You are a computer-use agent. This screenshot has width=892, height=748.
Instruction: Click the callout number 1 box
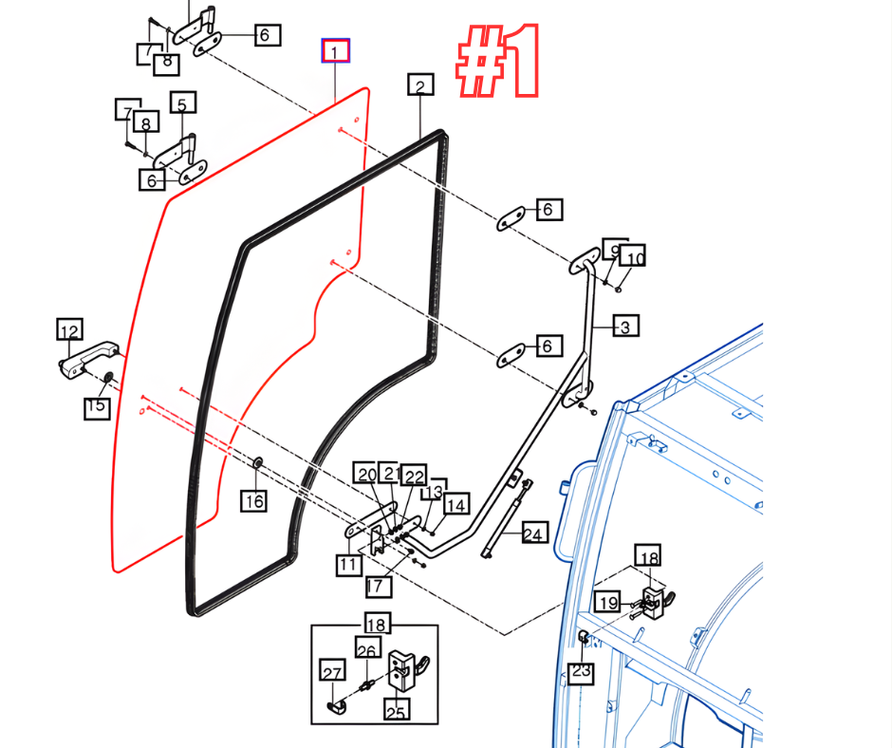click(336, 51)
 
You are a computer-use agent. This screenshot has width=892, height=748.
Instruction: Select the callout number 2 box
click(420, 86)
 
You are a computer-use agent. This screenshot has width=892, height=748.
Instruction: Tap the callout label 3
click(625, 327)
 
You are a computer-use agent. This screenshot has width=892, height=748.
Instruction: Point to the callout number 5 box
click(182, 103)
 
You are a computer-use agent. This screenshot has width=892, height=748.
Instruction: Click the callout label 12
click(69, 330)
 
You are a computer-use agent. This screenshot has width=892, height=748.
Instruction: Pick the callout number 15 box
click(96, 408)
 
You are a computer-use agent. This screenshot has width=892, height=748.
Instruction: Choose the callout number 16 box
click(253, 500)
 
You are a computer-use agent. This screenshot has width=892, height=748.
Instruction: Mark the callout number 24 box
click(534, 534)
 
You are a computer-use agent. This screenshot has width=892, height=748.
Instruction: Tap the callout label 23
click(581, 673)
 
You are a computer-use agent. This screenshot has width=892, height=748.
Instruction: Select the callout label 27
click(332, 673)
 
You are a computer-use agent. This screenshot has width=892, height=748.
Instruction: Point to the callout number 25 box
click(397, 708)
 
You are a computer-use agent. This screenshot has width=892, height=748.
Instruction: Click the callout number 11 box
click(348, 565)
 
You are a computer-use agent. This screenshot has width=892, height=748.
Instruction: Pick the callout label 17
click(377, 586)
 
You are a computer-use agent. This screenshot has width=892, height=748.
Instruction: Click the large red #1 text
click(499, 61)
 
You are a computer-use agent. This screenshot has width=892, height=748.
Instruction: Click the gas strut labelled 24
click(507, 517)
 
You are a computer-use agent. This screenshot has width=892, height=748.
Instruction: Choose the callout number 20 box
click(367, 474)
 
